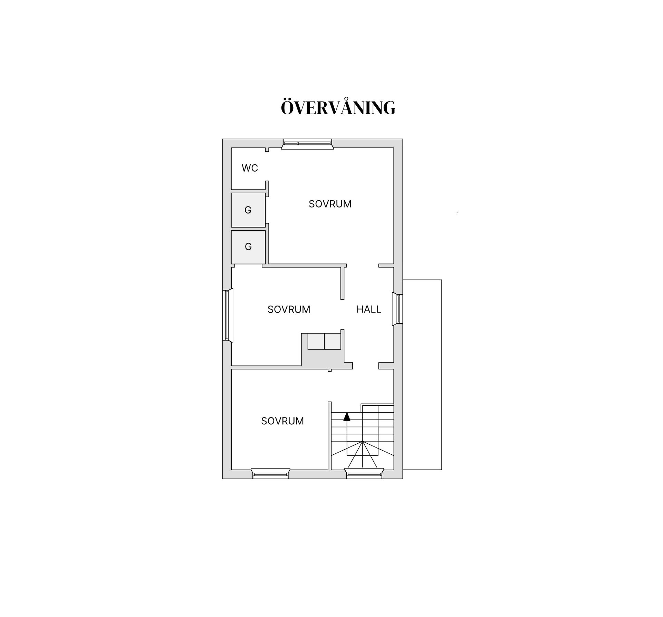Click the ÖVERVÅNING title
click(338, 108)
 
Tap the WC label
click(250, 168)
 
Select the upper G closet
click(248, 210)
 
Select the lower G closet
click(248, 247)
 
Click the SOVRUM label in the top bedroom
click(330, 204)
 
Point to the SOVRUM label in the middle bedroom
click(289, 309)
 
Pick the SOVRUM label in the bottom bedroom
click(282, 421)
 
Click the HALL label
click(368, 309)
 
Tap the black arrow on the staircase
click(347, 417)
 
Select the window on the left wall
click(228, 315)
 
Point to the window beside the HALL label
click(397, 309)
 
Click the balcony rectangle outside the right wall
click(422, 375)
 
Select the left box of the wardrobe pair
click(316, 341)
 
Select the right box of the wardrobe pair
click(333, 341)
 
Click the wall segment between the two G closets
click(248, 229)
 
